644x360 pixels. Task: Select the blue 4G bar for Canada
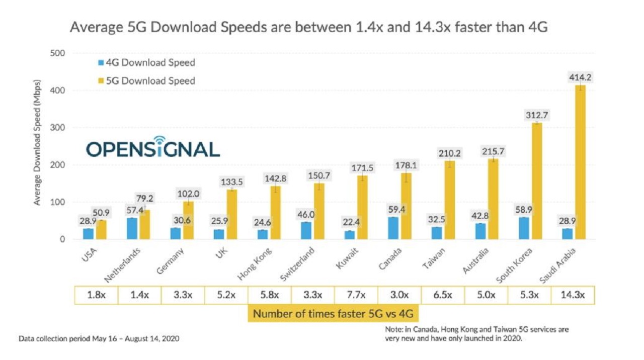tap(393, 228)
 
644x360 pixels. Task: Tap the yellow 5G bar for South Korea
tap(537, 181)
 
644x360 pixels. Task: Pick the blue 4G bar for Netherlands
tap(132, 229)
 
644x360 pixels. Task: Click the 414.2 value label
tap(580, 77)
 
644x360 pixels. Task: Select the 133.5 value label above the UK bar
tap(232, 181)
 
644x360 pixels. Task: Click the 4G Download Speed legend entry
tap(146, 63)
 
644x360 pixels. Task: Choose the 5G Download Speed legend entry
tap(146, 80)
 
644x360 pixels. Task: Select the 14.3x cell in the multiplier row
tap(573, 295)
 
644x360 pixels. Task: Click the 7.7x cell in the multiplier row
tap(357, 295)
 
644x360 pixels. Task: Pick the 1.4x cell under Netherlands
tap(139, 295)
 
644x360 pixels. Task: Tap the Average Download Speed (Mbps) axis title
tap(37, 143)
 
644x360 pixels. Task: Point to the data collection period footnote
tap(99, 338)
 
